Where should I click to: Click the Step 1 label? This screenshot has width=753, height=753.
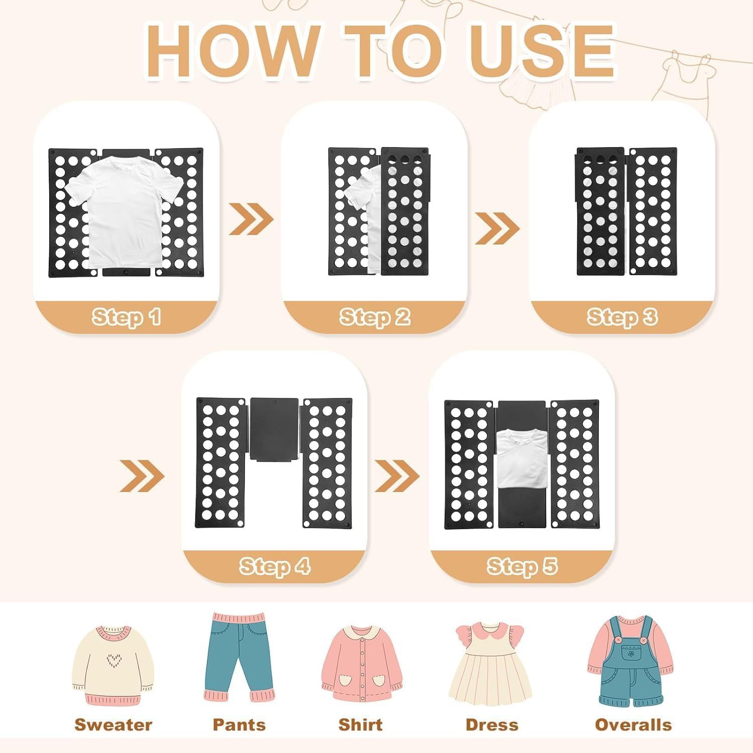(127, 317)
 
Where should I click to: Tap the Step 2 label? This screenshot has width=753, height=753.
(375, 317)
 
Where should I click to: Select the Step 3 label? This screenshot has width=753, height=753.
(622, 317)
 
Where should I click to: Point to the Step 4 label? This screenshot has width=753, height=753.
(275, 566)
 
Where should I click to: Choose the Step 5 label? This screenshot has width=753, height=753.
(523, 566)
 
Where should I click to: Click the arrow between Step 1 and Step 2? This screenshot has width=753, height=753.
(251, 219)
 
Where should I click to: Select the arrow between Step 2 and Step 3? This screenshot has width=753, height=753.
(497, 228)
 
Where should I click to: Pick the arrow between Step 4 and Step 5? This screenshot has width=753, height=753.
(397, 475)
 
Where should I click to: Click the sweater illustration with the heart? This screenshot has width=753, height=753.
(111, 665)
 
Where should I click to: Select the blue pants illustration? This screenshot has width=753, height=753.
(239, 657)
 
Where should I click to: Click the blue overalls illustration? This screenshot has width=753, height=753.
(631, 661)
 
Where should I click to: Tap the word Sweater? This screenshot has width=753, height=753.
(113, 725)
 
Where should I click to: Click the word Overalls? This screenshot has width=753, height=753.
(633, 725)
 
